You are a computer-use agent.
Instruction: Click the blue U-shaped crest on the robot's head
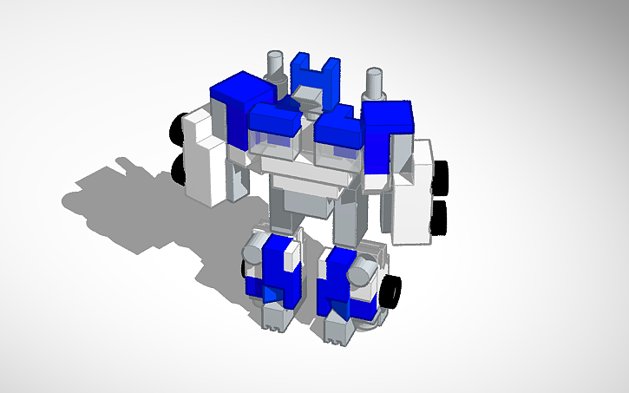pos(313,69)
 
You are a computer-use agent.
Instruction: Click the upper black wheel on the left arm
pos(179,128)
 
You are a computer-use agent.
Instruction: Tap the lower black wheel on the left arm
pos(180,168)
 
